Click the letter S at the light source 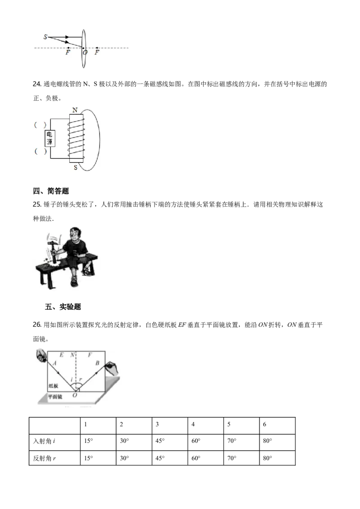click(45, 36)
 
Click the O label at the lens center click(85, 53)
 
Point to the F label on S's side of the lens click(68, 53)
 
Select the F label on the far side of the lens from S click(97, 53)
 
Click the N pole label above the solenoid click(74, 110)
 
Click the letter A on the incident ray click(54, 363)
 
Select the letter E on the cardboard click(62, 355)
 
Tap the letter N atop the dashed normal click(72, 355)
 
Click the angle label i click(72, 380)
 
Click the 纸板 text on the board click(54, 386)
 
